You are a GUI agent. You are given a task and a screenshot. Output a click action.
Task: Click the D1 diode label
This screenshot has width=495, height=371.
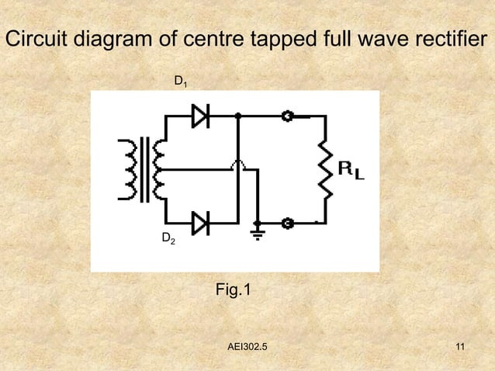pos(179,81)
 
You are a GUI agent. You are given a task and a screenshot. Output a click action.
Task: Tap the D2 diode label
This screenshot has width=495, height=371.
pos(168,238)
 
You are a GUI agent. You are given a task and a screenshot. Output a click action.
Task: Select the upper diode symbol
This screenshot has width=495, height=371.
pos(200,116)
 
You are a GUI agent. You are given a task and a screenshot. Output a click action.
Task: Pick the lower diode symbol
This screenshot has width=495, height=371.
pos(200,224)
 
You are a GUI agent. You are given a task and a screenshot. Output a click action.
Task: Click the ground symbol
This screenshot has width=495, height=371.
pos(258,232)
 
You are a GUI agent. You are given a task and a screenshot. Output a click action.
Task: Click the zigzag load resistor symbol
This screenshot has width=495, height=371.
pos(327,169)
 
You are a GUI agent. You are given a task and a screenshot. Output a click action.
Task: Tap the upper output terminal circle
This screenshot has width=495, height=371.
pos(286,116)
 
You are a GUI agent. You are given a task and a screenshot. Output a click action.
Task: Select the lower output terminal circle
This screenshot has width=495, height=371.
pos(286,224)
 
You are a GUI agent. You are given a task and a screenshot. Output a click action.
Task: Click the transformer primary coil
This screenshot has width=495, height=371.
pos(126,170)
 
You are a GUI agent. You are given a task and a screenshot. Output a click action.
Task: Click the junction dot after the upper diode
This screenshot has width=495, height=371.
pos(238,116)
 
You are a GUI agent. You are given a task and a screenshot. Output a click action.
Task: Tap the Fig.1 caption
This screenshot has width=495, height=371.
pos(233,290)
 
